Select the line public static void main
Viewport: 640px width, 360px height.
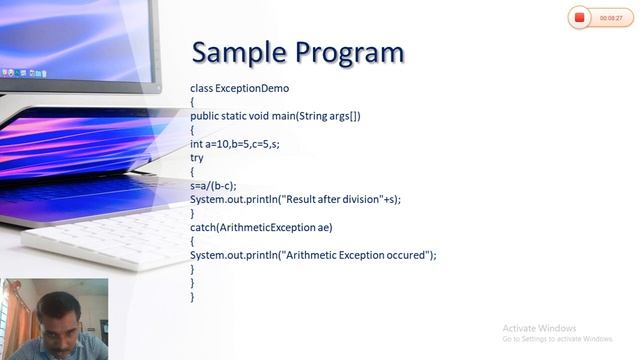275,116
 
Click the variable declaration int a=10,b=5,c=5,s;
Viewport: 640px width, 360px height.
235,144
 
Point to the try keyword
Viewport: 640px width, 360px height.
196,158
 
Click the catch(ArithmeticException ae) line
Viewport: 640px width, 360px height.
261,227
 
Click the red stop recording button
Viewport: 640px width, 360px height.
580,17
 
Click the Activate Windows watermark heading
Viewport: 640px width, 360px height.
539,328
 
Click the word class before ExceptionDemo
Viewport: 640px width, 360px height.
201,88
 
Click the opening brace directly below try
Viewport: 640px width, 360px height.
193,172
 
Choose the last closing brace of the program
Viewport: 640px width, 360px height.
193,297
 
